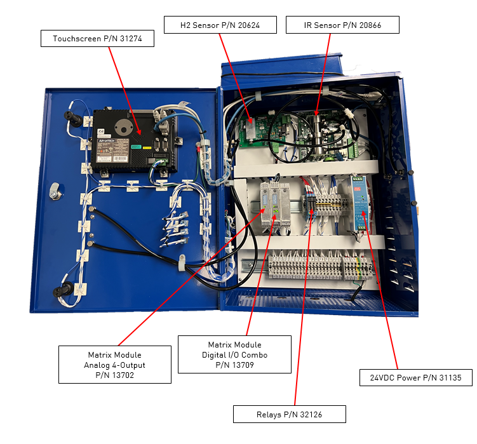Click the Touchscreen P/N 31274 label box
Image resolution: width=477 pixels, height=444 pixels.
[97, 39]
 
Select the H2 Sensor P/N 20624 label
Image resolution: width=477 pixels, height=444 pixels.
[220, 25]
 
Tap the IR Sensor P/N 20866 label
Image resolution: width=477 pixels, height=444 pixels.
[342, 25]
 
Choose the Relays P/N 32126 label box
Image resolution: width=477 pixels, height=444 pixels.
[289, 414]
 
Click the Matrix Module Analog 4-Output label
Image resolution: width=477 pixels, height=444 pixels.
[114, 365]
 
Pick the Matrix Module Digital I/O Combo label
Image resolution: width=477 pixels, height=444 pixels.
[234, 354]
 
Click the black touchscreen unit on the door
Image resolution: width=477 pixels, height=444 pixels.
[127, 137]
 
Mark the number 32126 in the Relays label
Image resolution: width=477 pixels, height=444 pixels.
[310, 414]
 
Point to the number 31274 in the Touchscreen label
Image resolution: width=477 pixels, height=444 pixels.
[129, 39]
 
